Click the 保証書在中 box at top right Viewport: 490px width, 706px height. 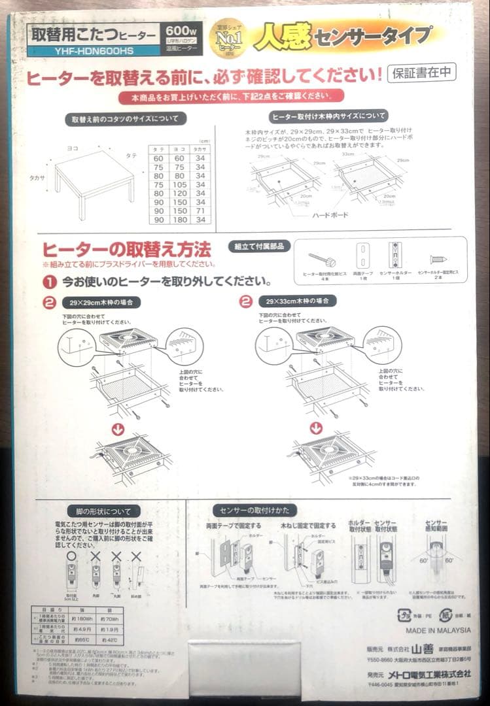coord(422,73)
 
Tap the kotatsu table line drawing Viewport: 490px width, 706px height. coord(94,176)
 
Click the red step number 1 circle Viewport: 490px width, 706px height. coord(49,282)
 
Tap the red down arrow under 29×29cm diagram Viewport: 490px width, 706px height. coord(118,429)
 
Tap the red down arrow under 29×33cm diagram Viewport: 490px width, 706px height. coord(317,428)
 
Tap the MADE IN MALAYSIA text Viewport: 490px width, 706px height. coord(438,631)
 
